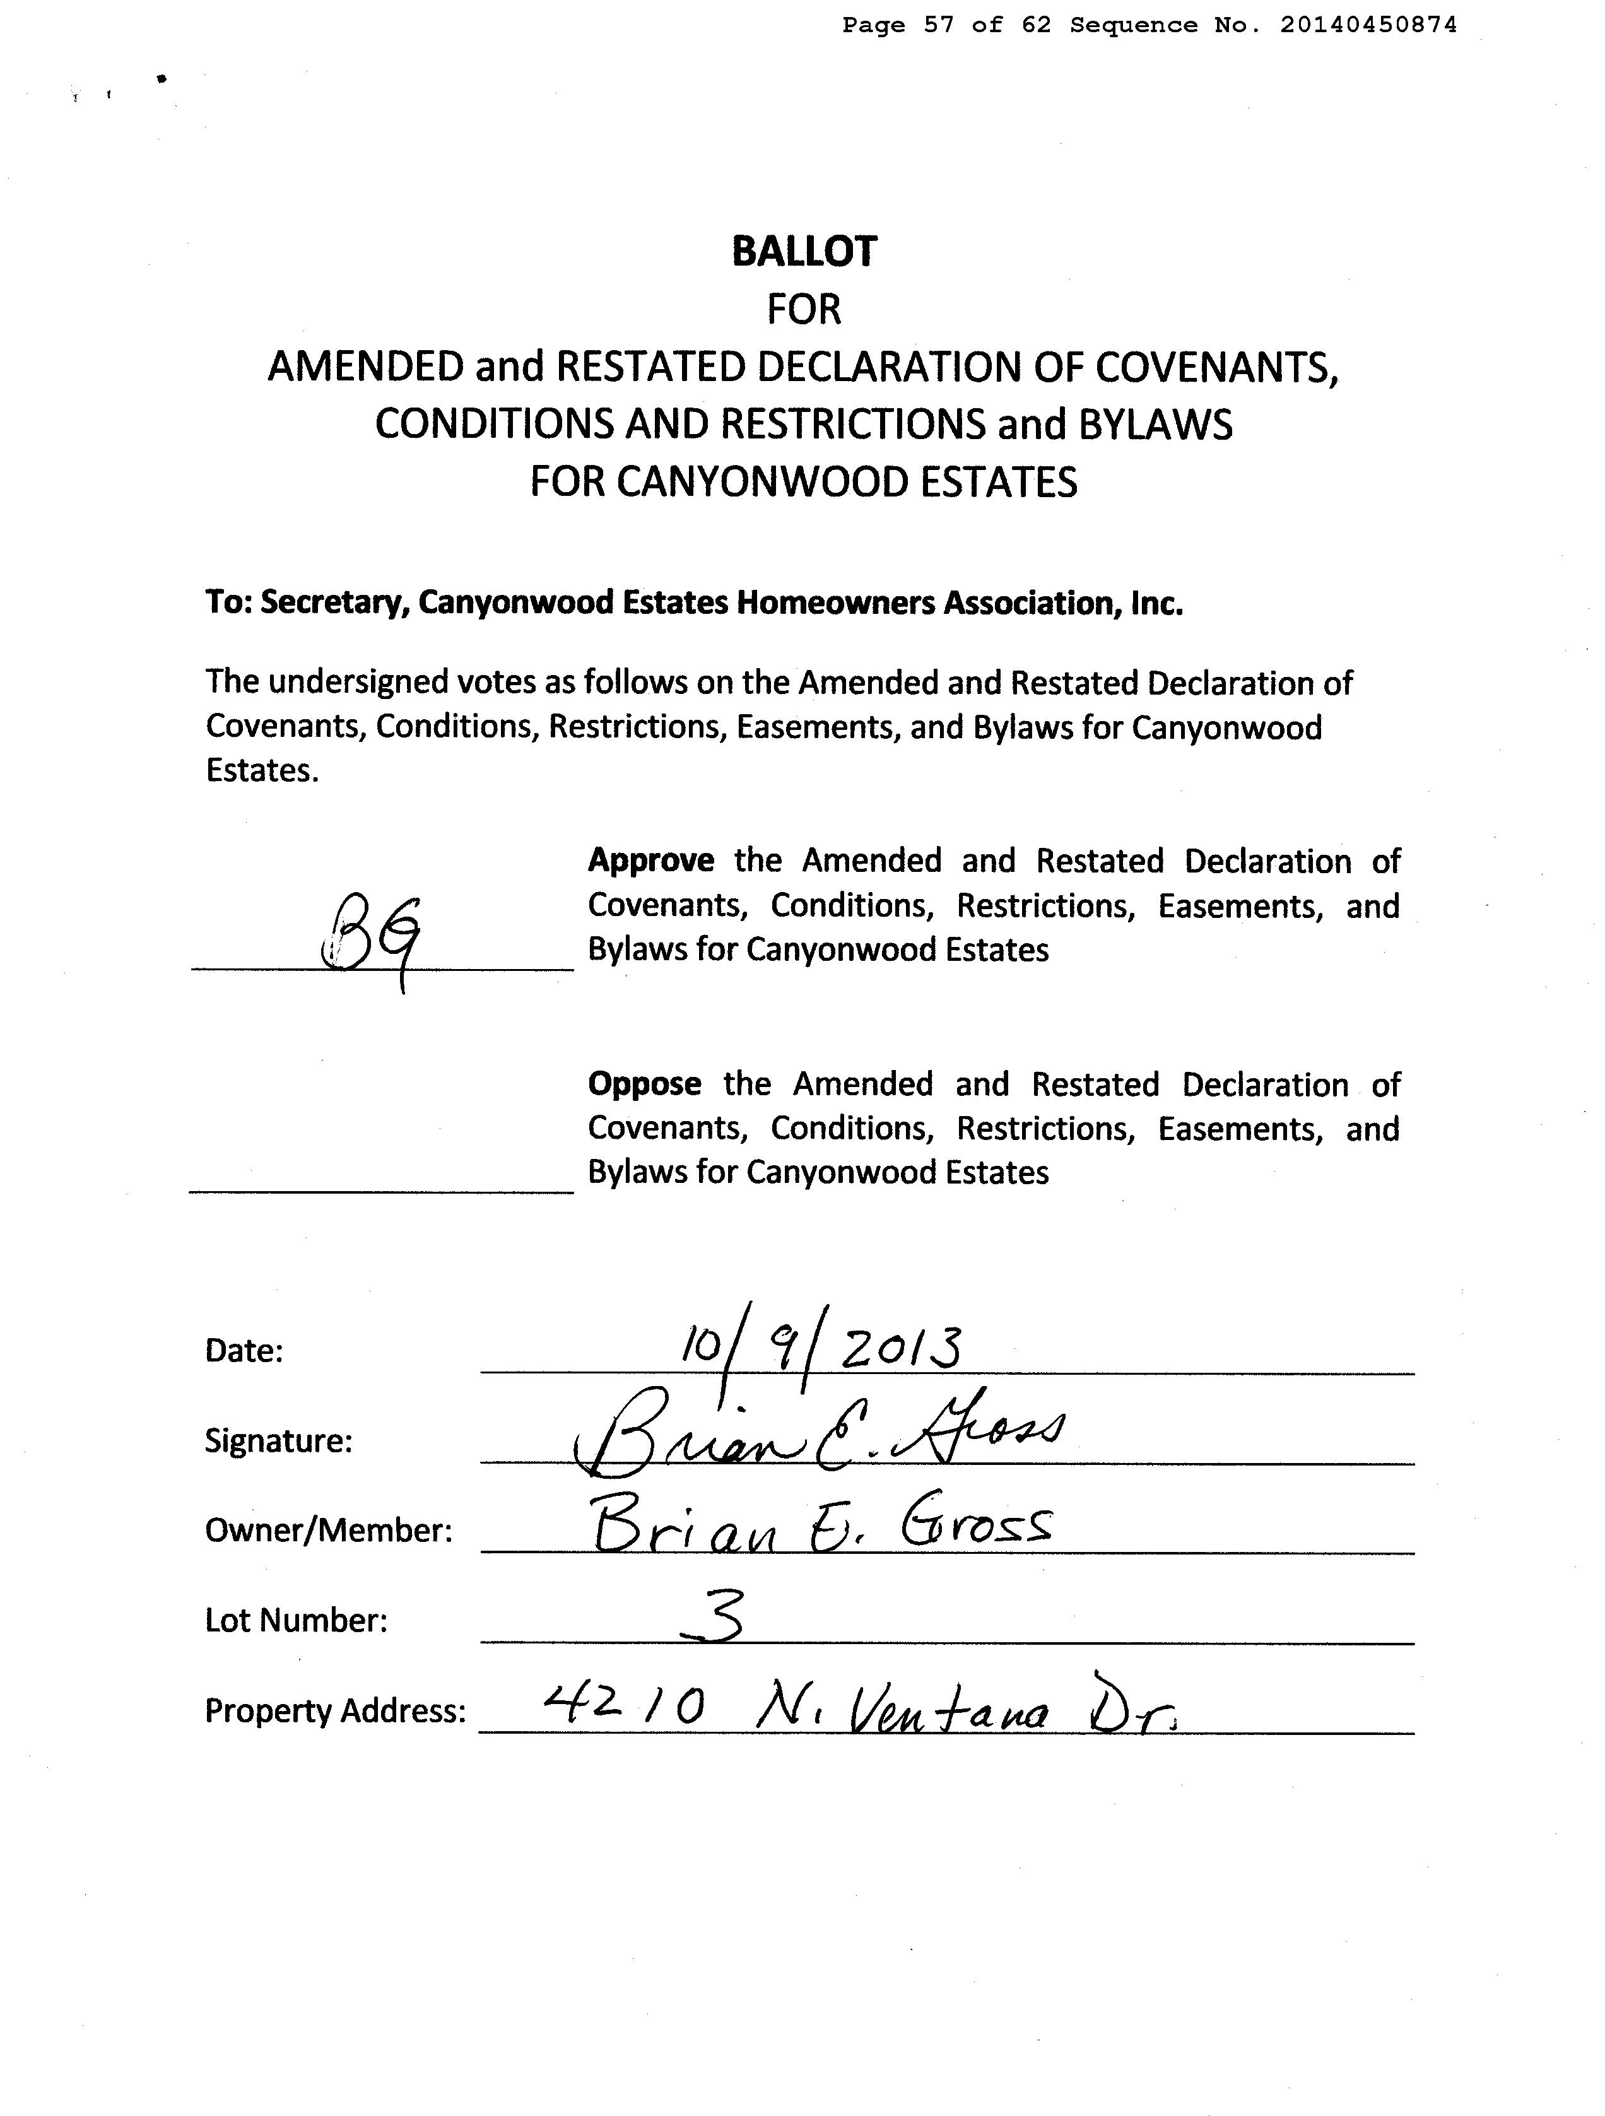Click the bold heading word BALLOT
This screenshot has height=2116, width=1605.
pyautogui.click(x=804, y=252)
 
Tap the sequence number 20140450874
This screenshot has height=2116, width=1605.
pyautogui.click(x=1368, y=26)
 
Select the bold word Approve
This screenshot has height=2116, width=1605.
pyautogui.click(x=650, y=860)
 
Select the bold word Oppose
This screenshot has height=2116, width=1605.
pyautogui.click(x=644, y=1084)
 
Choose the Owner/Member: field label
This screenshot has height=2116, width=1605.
pyautogui.click(x=328, y=1530)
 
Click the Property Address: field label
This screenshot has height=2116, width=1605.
pyautogui.click(x=335, y=1710)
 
